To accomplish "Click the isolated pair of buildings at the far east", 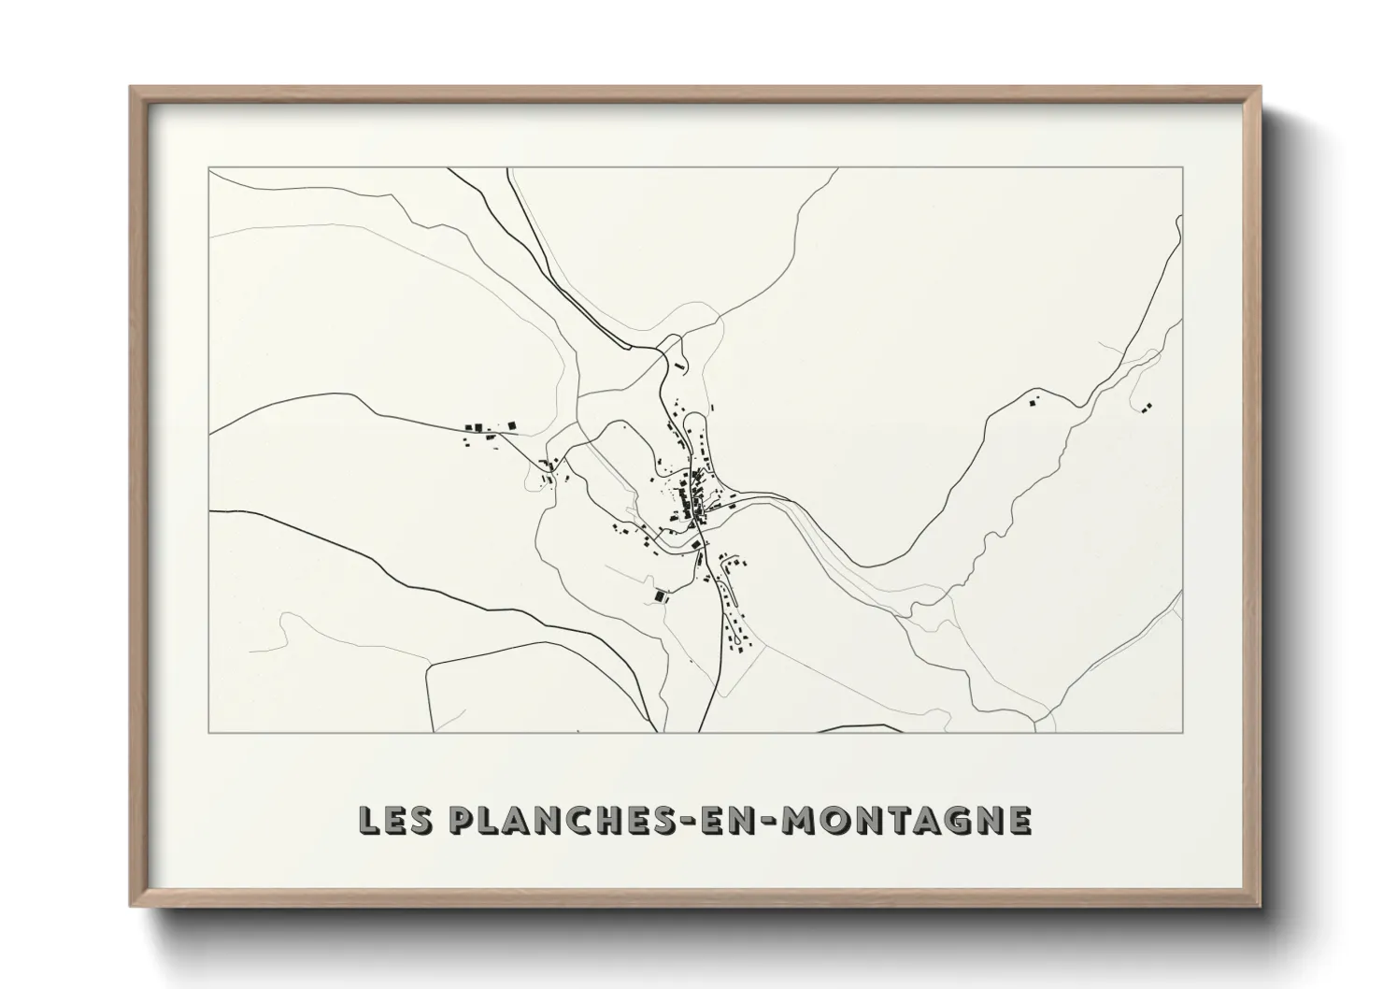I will pos(1146,407).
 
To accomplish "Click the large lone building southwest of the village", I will pos(661,594).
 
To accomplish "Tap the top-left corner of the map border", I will pos(208,168).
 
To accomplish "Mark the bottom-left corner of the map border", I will pos(208,732).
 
